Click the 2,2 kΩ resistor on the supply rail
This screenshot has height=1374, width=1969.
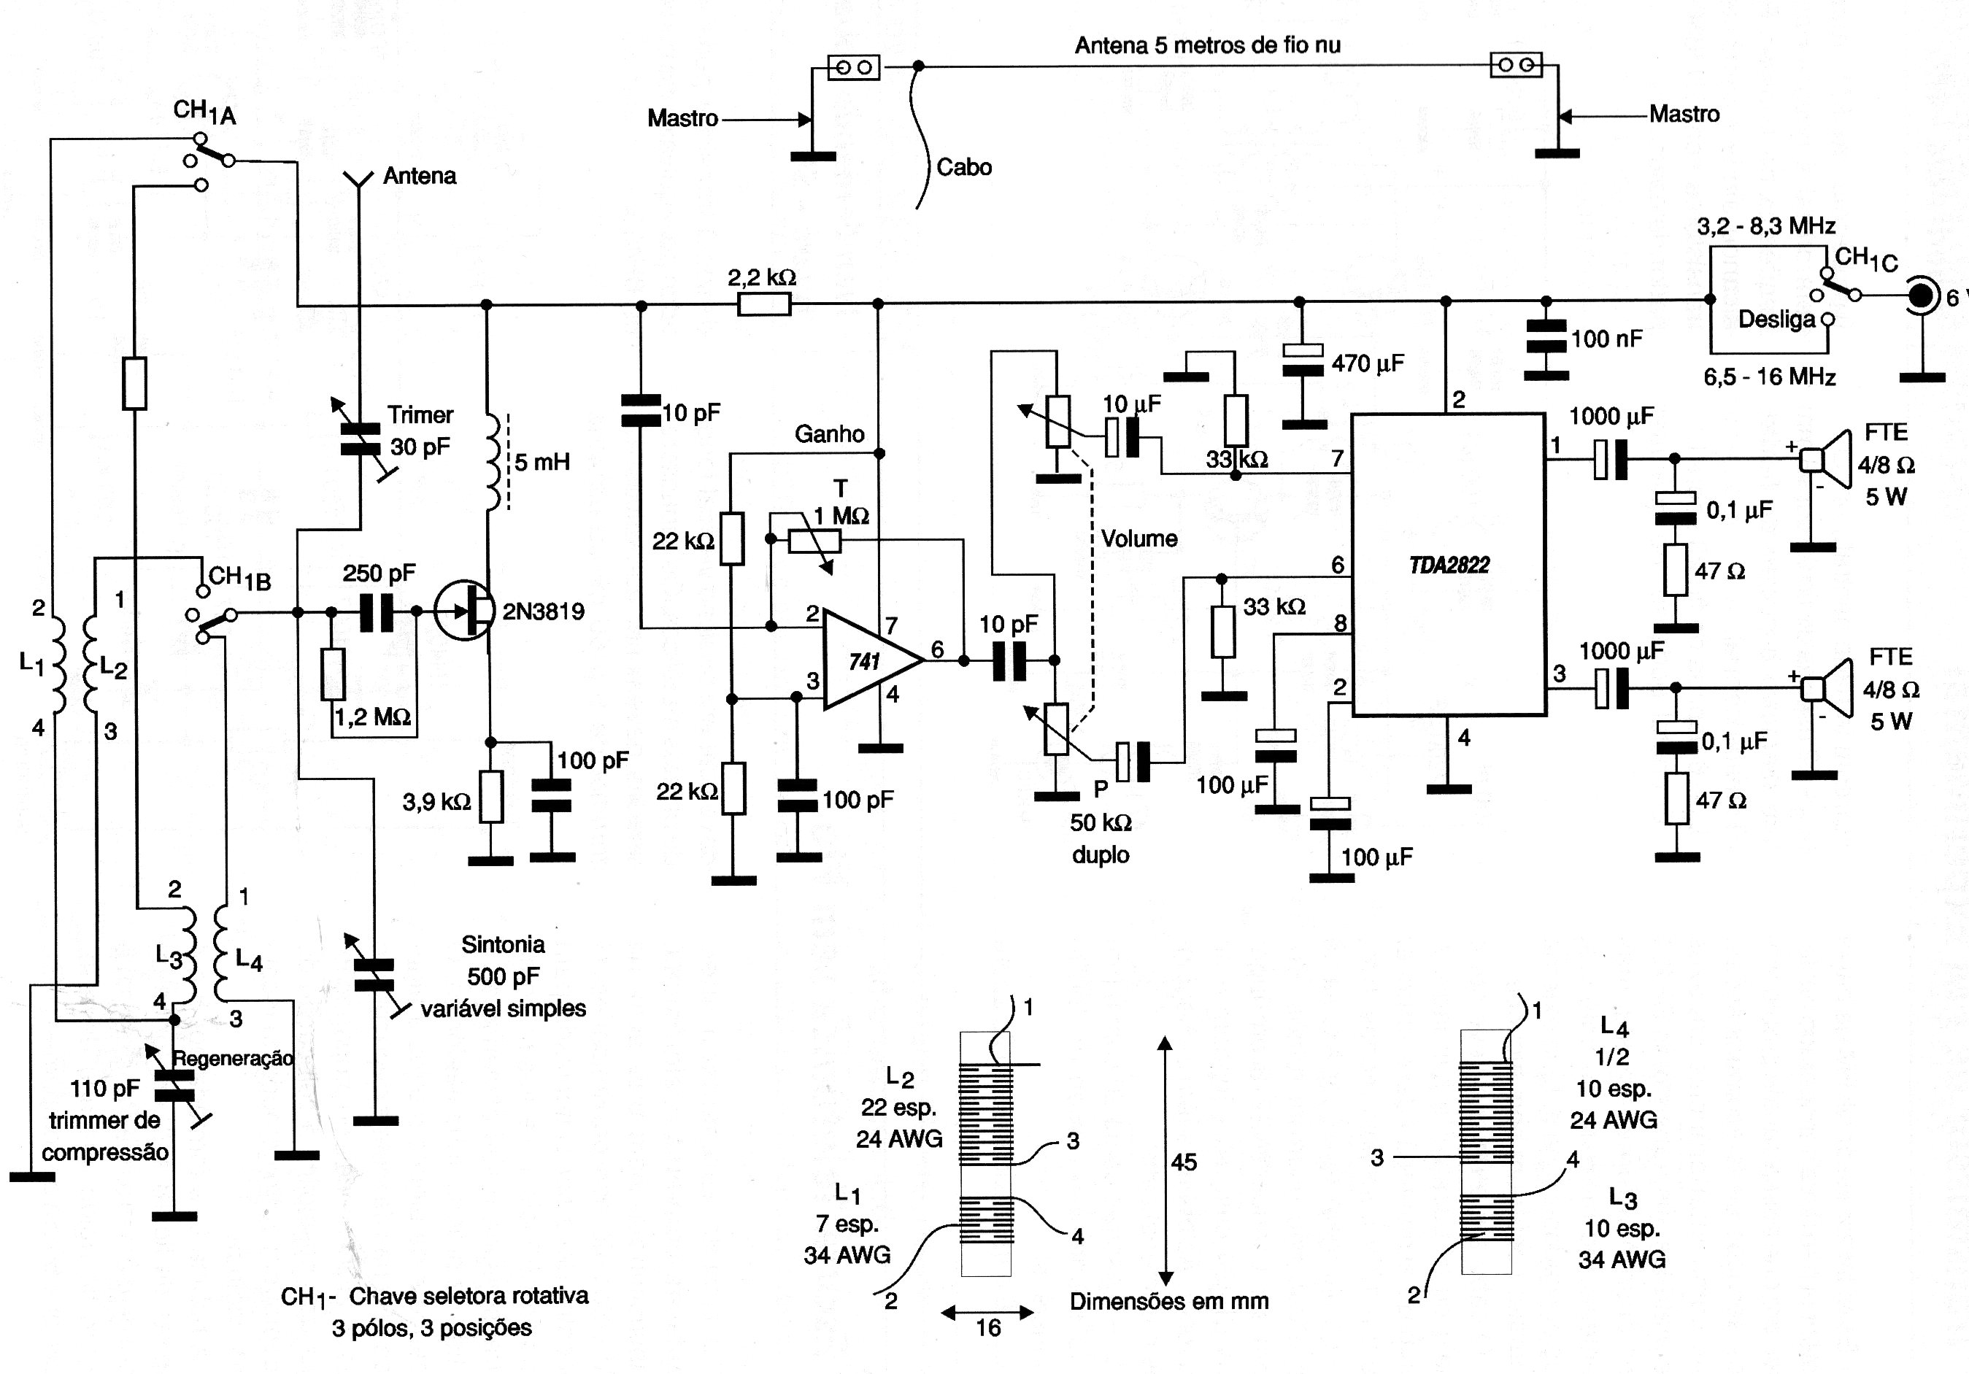pyautogui.click(x=763, y=304)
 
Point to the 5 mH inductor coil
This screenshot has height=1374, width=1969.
pyautogui.click(x=494, y=464)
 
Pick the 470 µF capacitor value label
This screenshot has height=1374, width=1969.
pyautogui.click(x=1368, y=363)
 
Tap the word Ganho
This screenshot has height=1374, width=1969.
pyautogui.click(x=829, y=434)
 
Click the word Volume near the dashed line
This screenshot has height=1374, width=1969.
pyautogui.click(x=1139, y=539)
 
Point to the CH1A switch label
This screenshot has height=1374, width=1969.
pyautogui.click(x=204, y=112)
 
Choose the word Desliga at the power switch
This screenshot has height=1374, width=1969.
pyautogui.click(x=1777, y=320)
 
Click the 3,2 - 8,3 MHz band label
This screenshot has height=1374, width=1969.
pyautogui.click(x=1767, y=225)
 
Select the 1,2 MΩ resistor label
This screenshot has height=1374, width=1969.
pyautogui.click(x=373, y=717)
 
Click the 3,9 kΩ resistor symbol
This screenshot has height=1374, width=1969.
pyautogui.click(x=490, y=797)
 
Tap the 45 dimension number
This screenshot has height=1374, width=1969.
pyautogui.click(x=1184, y=1162)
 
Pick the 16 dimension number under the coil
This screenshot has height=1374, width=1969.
pyautogui.click(x=988, y=1328)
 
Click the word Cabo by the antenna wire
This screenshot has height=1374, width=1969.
pyautogui.click(x=964, y=167)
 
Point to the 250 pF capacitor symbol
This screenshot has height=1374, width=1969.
pyautogui.click(x=376, y=611)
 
